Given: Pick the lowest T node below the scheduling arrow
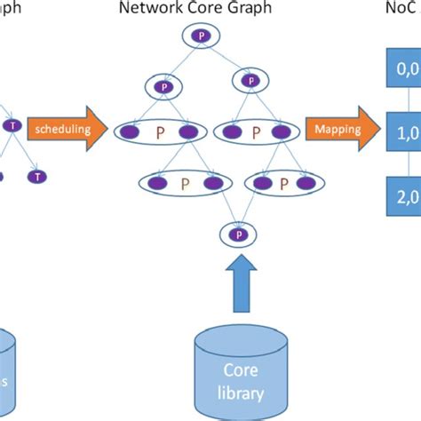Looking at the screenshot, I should click(x=37, y=178).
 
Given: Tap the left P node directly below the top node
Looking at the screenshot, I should click(x=163, y=88).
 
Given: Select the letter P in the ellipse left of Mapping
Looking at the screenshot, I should click(x=256, y=133).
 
